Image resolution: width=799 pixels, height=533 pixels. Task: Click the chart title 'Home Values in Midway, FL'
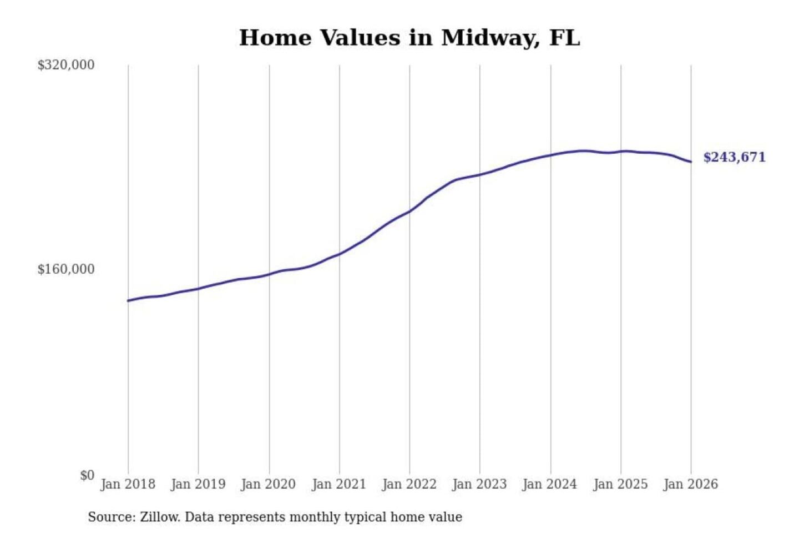pyautogui.click(x=409, y=38)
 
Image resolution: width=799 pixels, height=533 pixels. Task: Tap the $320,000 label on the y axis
pyautogui.click(x=66, y=65)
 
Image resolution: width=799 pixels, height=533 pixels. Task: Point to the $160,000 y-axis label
pyautogui.click(x=66, y=269)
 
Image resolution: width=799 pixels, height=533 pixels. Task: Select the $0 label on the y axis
pyautogui.click(x=87, y=475)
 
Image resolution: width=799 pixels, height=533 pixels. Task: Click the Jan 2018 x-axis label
pyautogui.click(x=128, y=484)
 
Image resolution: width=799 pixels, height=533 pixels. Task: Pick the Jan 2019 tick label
pyautogui.click(x=198, y=484)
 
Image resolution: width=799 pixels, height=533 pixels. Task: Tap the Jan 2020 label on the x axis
pyautogui.click(x=269, y=484)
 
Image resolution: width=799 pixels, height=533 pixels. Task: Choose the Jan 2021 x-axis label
pyautogui.click(x=339, y=484)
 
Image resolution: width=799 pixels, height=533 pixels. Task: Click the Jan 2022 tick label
pyautogui.click(x=409, y=484)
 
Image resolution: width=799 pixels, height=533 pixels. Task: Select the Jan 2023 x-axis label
pyautogui.click(x=480, y=484)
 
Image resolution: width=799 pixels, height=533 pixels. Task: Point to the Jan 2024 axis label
pyautogui.click(x=550, y=484)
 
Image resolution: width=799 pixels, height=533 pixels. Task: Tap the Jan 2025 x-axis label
pyautogui.click(x=620, y=484)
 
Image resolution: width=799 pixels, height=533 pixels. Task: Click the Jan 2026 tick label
pyautogui.click(x=691, y=484)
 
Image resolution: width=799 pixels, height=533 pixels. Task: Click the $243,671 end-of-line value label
pyautogui.click(x=734, y=157)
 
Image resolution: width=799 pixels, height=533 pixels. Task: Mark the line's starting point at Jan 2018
pyautogui.click(x=128, y=301)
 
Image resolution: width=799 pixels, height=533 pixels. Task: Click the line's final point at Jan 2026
pyautogui.click(x=691, y=162)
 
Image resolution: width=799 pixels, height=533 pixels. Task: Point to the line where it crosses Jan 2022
pyautogui.click(x=410, y=211)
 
